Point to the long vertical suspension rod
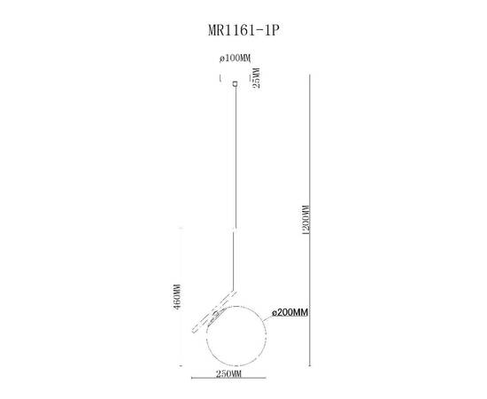tap(235, 177)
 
